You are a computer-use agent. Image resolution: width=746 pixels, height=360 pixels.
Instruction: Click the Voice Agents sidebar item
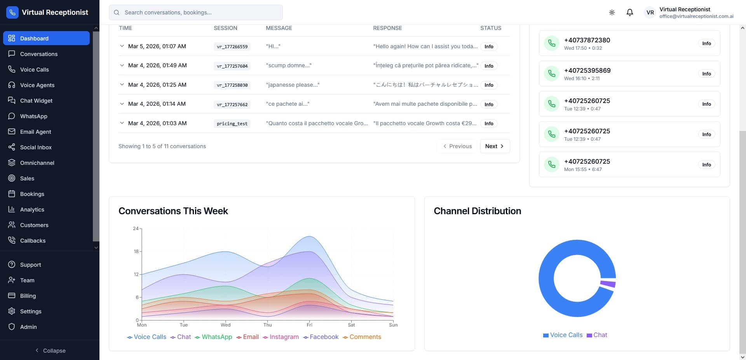[37, 85]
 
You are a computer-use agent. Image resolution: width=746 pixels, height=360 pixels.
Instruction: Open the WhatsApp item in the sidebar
[33, 116]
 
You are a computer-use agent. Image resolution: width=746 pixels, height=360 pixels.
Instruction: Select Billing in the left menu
[28, 296]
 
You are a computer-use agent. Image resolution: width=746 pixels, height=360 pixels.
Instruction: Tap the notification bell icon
[630, 12]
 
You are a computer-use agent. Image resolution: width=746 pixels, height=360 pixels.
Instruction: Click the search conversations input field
[196, 12]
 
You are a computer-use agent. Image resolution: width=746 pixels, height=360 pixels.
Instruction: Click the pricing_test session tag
[232, 124]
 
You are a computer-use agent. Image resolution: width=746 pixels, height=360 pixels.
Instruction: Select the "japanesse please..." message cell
[293, 85]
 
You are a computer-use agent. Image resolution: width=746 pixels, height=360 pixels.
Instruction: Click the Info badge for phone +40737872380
[706, 44]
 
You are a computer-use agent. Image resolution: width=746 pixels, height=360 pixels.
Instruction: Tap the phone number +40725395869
[587, 70]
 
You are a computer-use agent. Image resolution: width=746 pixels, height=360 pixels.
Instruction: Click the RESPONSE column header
[387, 28]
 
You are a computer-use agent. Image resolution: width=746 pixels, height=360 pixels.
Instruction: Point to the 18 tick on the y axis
[136, 252]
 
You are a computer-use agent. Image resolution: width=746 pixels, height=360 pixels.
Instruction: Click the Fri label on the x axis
[309, 325]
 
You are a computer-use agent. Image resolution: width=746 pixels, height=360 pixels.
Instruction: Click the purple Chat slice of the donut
[608, 284]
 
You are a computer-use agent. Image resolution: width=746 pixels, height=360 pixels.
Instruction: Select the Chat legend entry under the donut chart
[597, 335]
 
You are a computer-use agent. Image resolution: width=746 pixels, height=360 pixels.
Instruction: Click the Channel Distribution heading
[477, 211]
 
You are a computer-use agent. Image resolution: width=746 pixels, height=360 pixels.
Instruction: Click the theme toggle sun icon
[612, 12]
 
